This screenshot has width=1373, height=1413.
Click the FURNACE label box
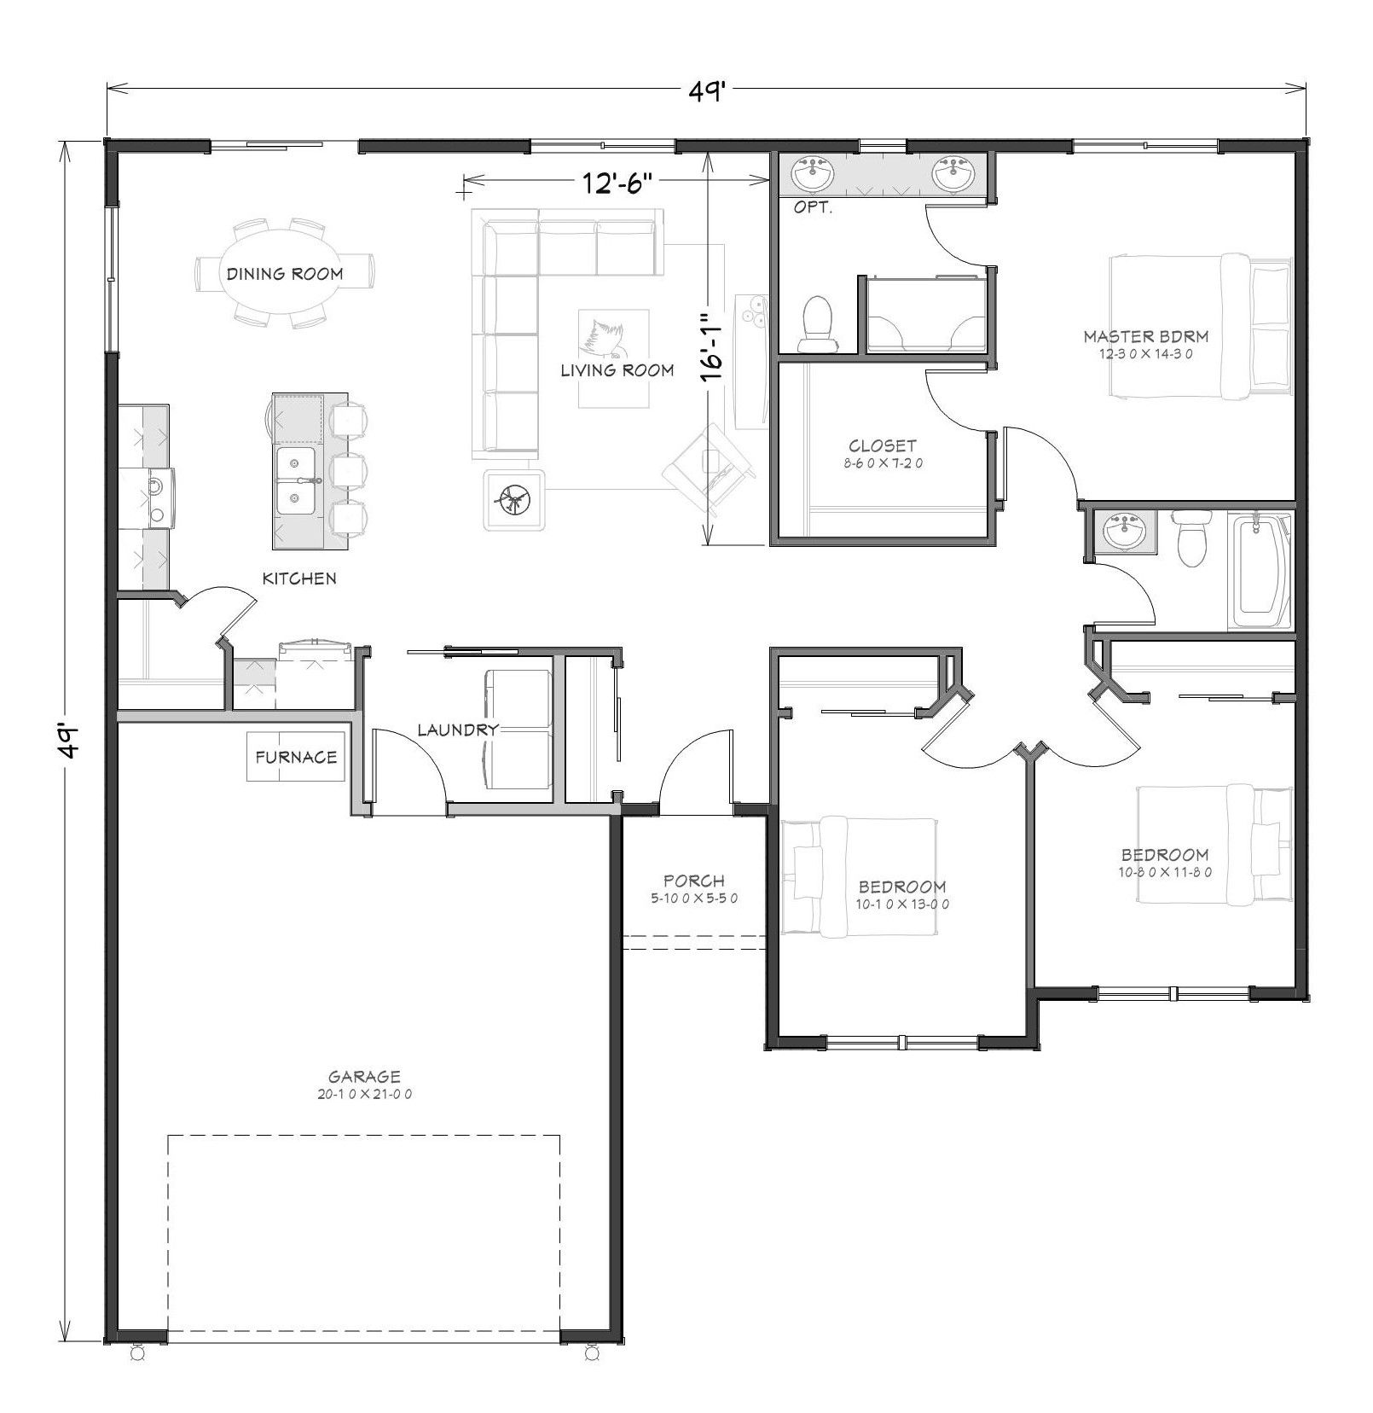pos(296,757)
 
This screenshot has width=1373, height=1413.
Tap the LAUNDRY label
pos(458,730)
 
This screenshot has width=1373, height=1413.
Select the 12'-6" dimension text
pos(618,181)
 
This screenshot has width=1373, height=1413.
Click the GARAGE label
pos(364,1077)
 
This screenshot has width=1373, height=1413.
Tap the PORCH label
pos(694,881)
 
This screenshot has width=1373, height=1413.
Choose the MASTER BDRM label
pos(1146,336)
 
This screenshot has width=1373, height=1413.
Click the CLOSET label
pos(883,445)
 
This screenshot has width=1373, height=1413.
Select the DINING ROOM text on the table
pos(285,274)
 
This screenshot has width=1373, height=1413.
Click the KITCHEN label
pos(299,579)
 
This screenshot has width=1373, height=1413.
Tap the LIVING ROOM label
pos(617,370)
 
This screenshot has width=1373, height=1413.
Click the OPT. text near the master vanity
pos(813,207)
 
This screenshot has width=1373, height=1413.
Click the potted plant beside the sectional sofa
pos(513,499)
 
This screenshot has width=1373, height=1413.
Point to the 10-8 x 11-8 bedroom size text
pos(1165,872)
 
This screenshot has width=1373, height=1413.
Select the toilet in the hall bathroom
pos(1191,538)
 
